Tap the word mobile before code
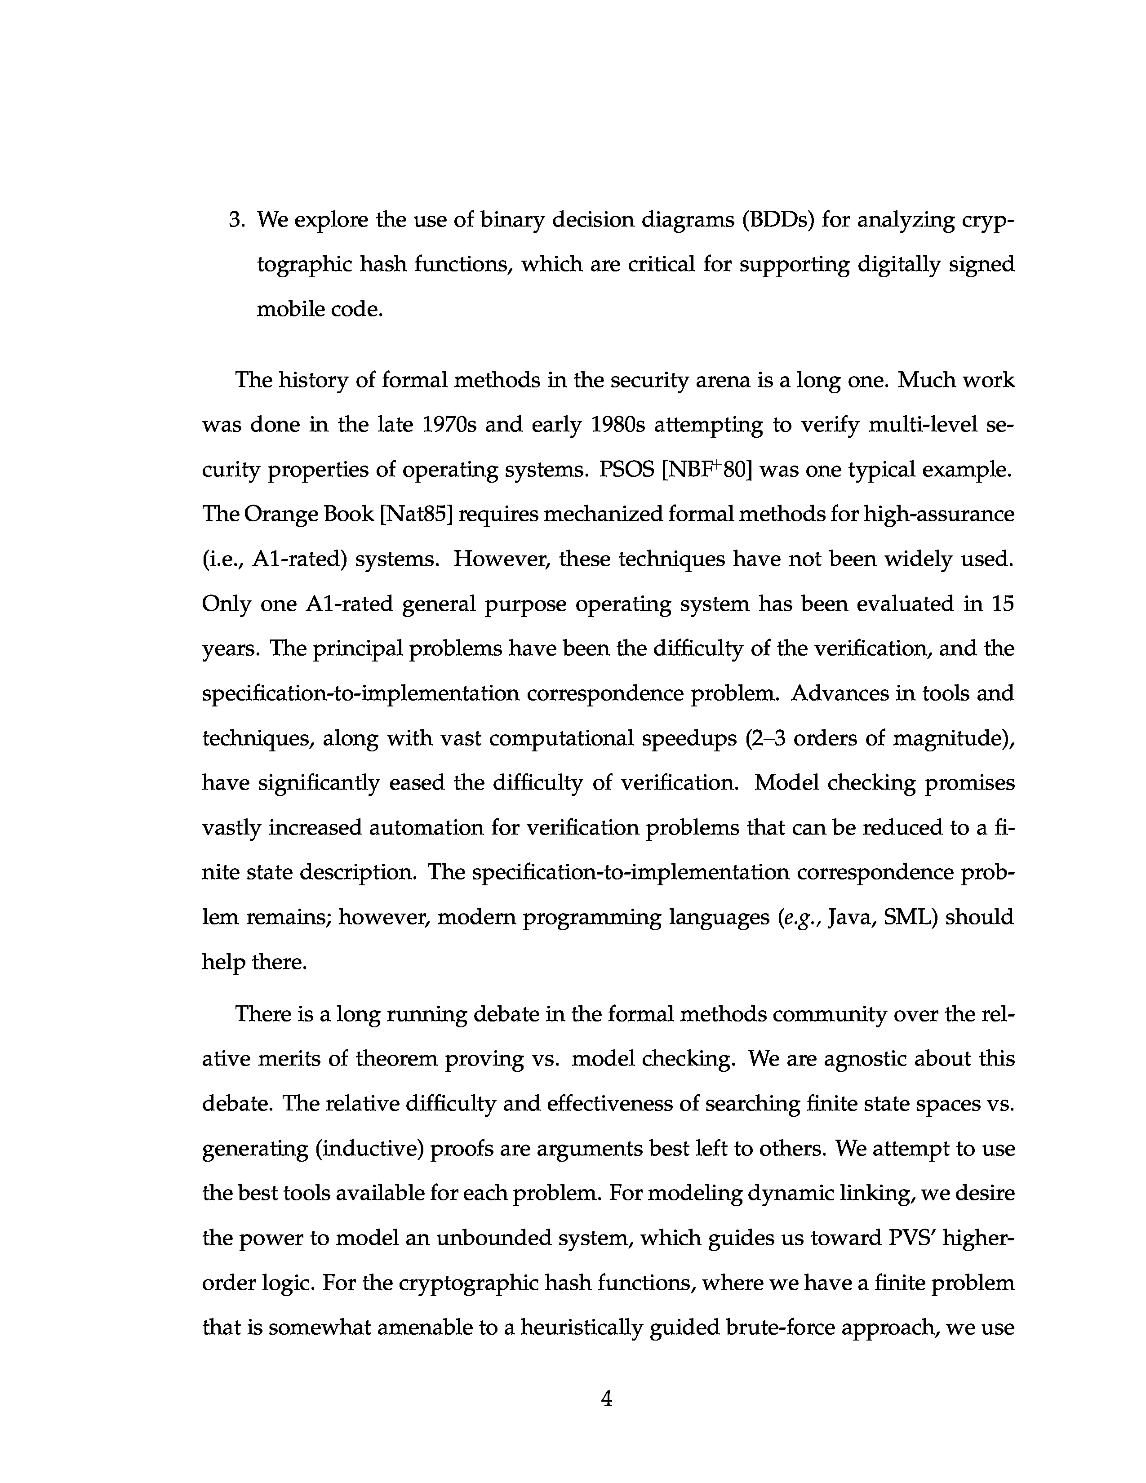tap(290, 309)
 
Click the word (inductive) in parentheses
tap(369, 1148)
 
